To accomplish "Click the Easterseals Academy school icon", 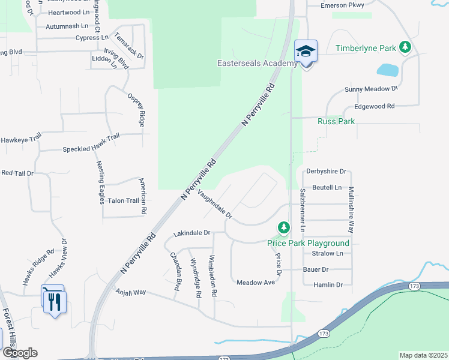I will click(x=306, y=52).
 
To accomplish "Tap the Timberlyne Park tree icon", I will click(x=406, y=47).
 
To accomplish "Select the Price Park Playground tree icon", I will click(x=283, y=227).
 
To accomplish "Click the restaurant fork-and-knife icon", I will click(x=54, y=299).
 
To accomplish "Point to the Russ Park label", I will click(x=336, y=121).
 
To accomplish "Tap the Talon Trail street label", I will click(x=124, y=200).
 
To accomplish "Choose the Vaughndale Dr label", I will click(x=214, y=203).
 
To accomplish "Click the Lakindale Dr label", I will click(x=191, y=232).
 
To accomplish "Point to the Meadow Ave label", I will click(x=255, y=282).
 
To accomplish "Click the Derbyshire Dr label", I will click(x=327, y=171).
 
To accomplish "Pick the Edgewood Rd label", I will click(x=374, y=106).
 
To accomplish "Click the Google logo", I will click(x=20, y=353).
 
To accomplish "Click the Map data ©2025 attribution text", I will click(x=423, y=355).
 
